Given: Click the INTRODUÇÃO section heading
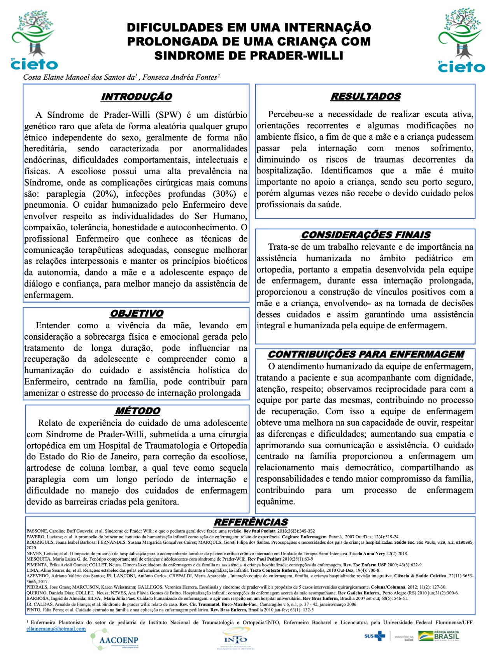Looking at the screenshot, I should pos(136,97).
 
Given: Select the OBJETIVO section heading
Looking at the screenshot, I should pos(137,314).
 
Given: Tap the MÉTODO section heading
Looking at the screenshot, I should pos(138,411).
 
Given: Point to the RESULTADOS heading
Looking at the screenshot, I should pos(366,96).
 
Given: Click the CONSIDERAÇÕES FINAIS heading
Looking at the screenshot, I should pos(366,235).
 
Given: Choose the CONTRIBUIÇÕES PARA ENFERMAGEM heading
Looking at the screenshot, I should pos(366,354).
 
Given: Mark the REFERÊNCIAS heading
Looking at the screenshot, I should pos(251,522).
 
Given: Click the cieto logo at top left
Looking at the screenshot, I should pos(34,41).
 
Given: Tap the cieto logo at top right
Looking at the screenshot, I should pos(461,41).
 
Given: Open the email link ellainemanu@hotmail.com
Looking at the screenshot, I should pos(56,629).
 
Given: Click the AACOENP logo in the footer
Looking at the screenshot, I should pos(114,640).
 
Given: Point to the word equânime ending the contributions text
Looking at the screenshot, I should pos(275,501).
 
